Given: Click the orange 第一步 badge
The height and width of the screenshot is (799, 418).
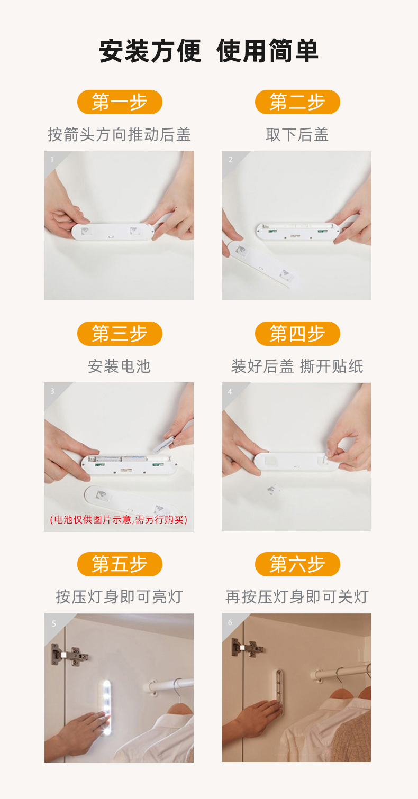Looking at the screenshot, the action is (x=120, y=102).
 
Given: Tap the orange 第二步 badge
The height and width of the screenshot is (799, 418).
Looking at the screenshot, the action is (x=297, y=102).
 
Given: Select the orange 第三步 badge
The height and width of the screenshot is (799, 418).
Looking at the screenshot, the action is (x=120, y=334).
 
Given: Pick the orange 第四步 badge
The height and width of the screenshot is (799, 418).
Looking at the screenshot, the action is (x=297, y=334).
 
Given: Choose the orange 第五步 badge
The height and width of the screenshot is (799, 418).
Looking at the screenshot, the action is (x=120, y=564).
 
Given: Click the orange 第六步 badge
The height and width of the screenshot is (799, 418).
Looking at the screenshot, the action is (x=297, y=564).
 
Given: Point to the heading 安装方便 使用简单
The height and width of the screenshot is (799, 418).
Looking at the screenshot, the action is (x=208, y=51).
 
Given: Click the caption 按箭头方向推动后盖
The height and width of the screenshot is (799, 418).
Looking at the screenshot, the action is (x=119, y=135).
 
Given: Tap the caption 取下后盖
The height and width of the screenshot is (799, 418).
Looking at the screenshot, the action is (x=297, y=135).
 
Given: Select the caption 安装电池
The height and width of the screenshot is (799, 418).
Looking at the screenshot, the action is (x=119, y=366).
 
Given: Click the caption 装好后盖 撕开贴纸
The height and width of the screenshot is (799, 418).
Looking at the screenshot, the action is (x=297, y=366).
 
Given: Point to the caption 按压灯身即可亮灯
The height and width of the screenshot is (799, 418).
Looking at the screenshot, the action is (x=119, y=597).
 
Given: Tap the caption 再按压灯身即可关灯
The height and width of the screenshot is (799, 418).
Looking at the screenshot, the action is (x=297, y=597).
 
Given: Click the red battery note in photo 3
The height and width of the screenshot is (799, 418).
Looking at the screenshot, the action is (x=119, y=519).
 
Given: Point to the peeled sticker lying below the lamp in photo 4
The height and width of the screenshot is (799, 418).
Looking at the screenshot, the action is (x=272, y=491).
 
